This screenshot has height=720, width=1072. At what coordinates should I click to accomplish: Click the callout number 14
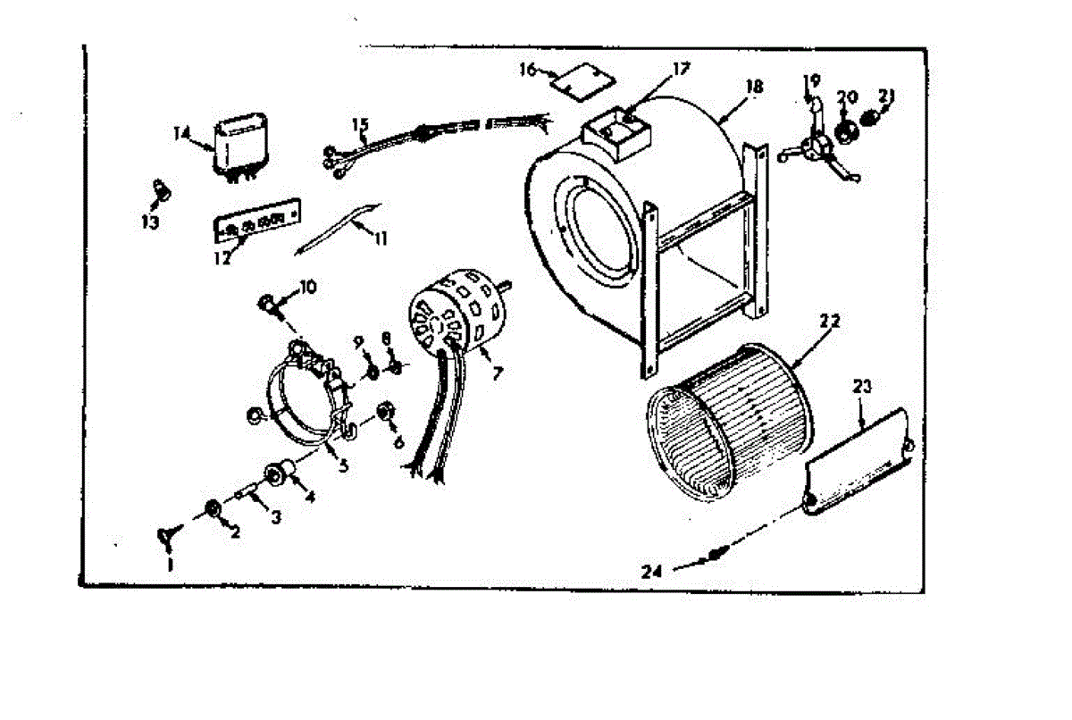point(182,133)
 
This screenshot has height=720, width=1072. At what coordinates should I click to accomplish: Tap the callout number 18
point(754,87)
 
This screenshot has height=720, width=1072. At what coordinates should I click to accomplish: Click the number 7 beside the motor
point(498,373)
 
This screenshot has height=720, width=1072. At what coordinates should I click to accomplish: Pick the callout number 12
point(222,259)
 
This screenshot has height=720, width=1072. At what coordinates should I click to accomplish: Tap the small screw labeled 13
point(161,188)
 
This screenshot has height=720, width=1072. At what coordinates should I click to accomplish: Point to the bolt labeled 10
point(266,303)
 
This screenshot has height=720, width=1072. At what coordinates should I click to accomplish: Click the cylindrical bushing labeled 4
point(281,474)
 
